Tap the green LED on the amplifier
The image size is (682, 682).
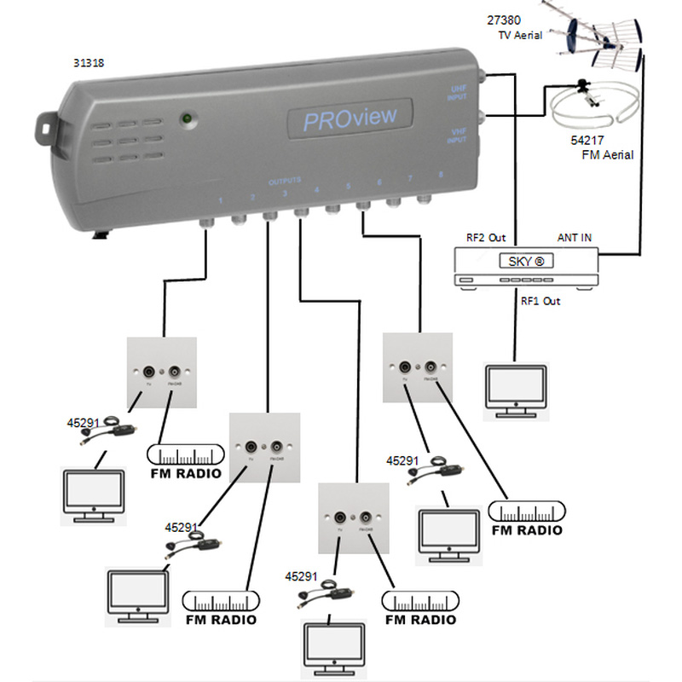point(185,118)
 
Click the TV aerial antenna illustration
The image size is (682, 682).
point(602,35)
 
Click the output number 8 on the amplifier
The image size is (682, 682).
point(440,174)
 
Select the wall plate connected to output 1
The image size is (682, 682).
point(162,373)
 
